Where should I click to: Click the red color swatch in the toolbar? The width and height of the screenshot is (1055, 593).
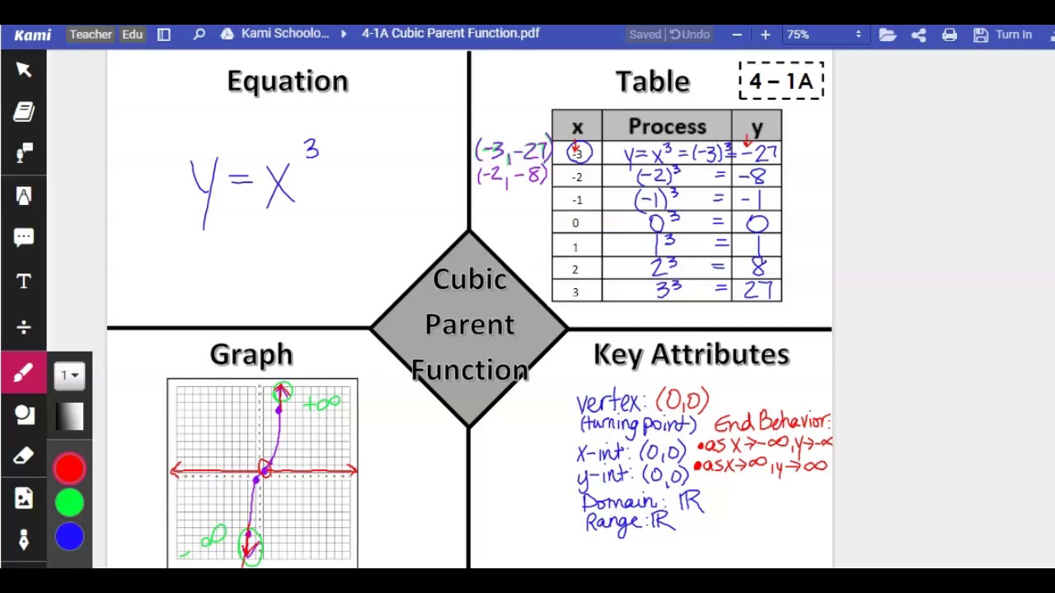[x=69, y=469]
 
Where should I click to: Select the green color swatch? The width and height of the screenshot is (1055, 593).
[x=69, y=502]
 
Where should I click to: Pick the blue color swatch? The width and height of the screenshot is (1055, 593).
[x=69, y=537]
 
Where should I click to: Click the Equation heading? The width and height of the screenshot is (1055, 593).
[x=288, y=82]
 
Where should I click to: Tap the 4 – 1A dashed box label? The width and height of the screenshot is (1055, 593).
[x=781, y=82]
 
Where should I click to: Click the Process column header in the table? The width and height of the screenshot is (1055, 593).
[x=667, y=127]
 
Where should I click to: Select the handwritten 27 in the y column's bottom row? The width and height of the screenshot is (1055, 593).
[x=757, y=290]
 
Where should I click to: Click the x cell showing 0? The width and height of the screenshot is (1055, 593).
[x=575, y=223]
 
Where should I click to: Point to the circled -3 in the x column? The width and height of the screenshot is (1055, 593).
[x=579, y=153]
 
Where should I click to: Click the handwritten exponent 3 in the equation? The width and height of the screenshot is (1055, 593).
[x=311, y=150]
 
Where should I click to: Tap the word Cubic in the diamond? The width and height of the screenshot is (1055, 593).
[x=470, y=280]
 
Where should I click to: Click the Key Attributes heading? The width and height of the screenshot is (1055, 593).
[x=691, y=355]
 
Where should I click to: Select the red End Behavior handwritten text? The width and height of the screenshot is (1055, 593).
[x=771, y=423]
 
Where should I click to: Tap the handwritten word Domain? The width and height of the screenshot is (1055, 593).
[x=620, y=502]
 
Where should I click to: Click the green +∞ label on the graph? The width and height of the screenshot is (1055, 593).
[x=321, y=404]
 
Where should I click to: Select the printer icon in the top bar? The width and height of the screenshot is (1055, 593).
[x=949, y=35]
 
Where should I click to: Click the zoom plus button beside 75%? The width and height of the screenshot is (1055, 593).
[x=765, y=35]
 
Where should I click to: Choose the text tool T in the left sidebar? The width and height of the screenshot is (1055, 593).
[x=24, y=282]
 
